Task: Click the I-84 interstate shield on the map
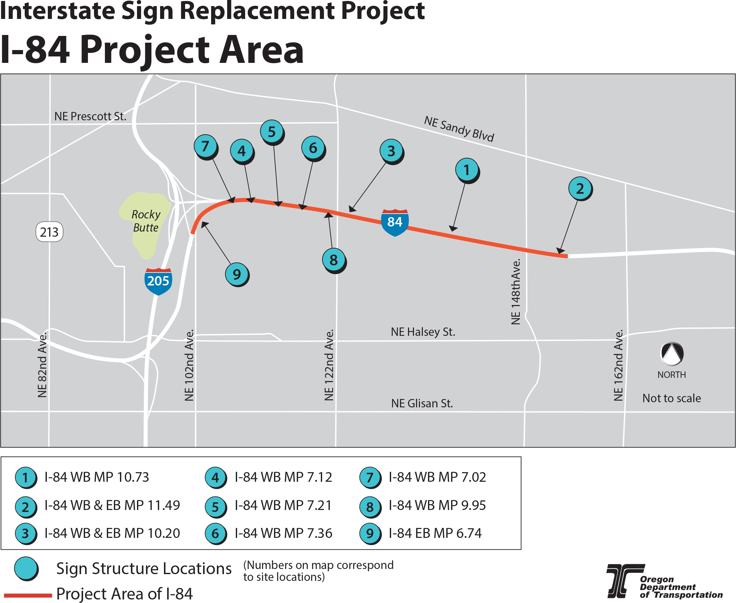click(x=395, y=222)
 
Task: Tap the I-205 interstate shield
click(x=158, y=281)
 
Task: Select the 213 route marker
click(x=49, y=232)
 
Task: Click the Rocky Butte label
click(x=146, y=221)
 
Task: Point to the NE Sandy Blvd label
click(x=459, y=129)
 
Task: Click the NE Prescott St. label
click(x=90, y=116)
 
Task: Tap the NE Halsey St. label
click(x=423, y=332)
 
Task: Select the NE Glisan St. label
click(x=422, y=403)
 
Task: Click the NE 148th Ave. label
click(x=516, y=292)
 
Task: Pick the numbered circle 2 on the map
click(x=580, y=189)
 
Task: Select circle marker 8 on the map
click(x=334, y=260)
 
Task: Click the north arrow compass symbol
click(x=672, y=353)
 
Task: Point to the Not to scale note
click(x=672, y=398)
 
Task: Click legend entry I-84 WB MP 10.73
click(x=97, y=477)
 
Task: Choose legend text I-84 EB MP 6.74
click(x=435, y=533)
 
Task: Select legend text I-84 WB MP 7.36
click(x=283, y=533)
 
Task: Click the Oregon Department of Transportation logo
click(x=664, y=582)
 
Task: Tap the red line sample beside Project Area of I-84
click(x=28, y=595)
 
